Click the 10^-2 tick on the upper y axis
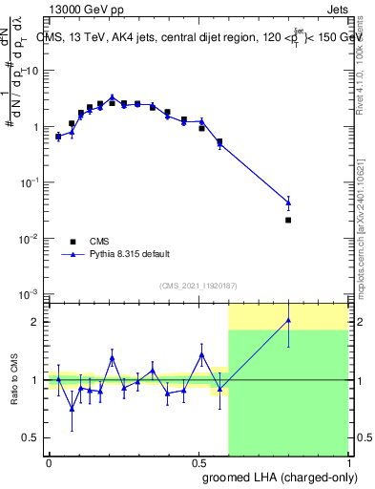point(31,238)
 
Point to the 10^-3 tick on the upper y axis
point(31,293)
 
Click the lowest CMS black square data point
point(288,220)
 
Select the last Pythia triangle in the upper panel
point(288,202)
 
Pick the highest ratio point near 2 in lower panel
point(288,320)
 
